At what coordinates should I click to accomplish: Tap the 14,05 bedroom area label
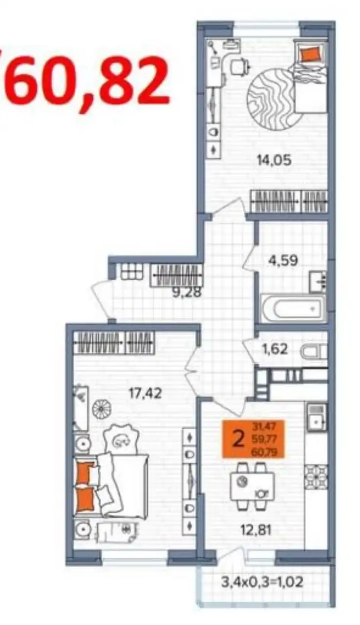(x=275, y=160)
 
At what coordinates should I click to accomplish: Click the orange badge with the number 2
(x=254, y=439)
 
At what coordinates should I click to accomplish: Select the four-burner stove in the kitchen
(x=316, y=473)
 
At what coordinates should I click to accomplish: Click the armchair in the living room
(x=120, y=439)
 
